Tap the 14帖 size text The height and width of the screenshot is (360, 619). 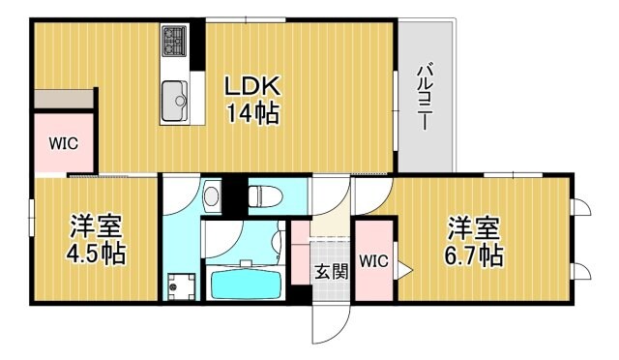[252, 114]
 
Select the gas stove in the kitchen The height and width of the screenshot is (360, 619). [175, 41]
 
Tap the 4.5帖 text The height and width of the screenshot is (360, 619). [96, 255]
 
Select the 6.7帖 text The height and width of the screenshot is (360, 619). [473, 256]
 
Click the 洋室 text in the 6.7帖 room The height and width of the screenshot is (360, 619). [473, 229]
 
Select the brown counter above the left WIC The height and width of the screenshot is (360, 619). [64, 99]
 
